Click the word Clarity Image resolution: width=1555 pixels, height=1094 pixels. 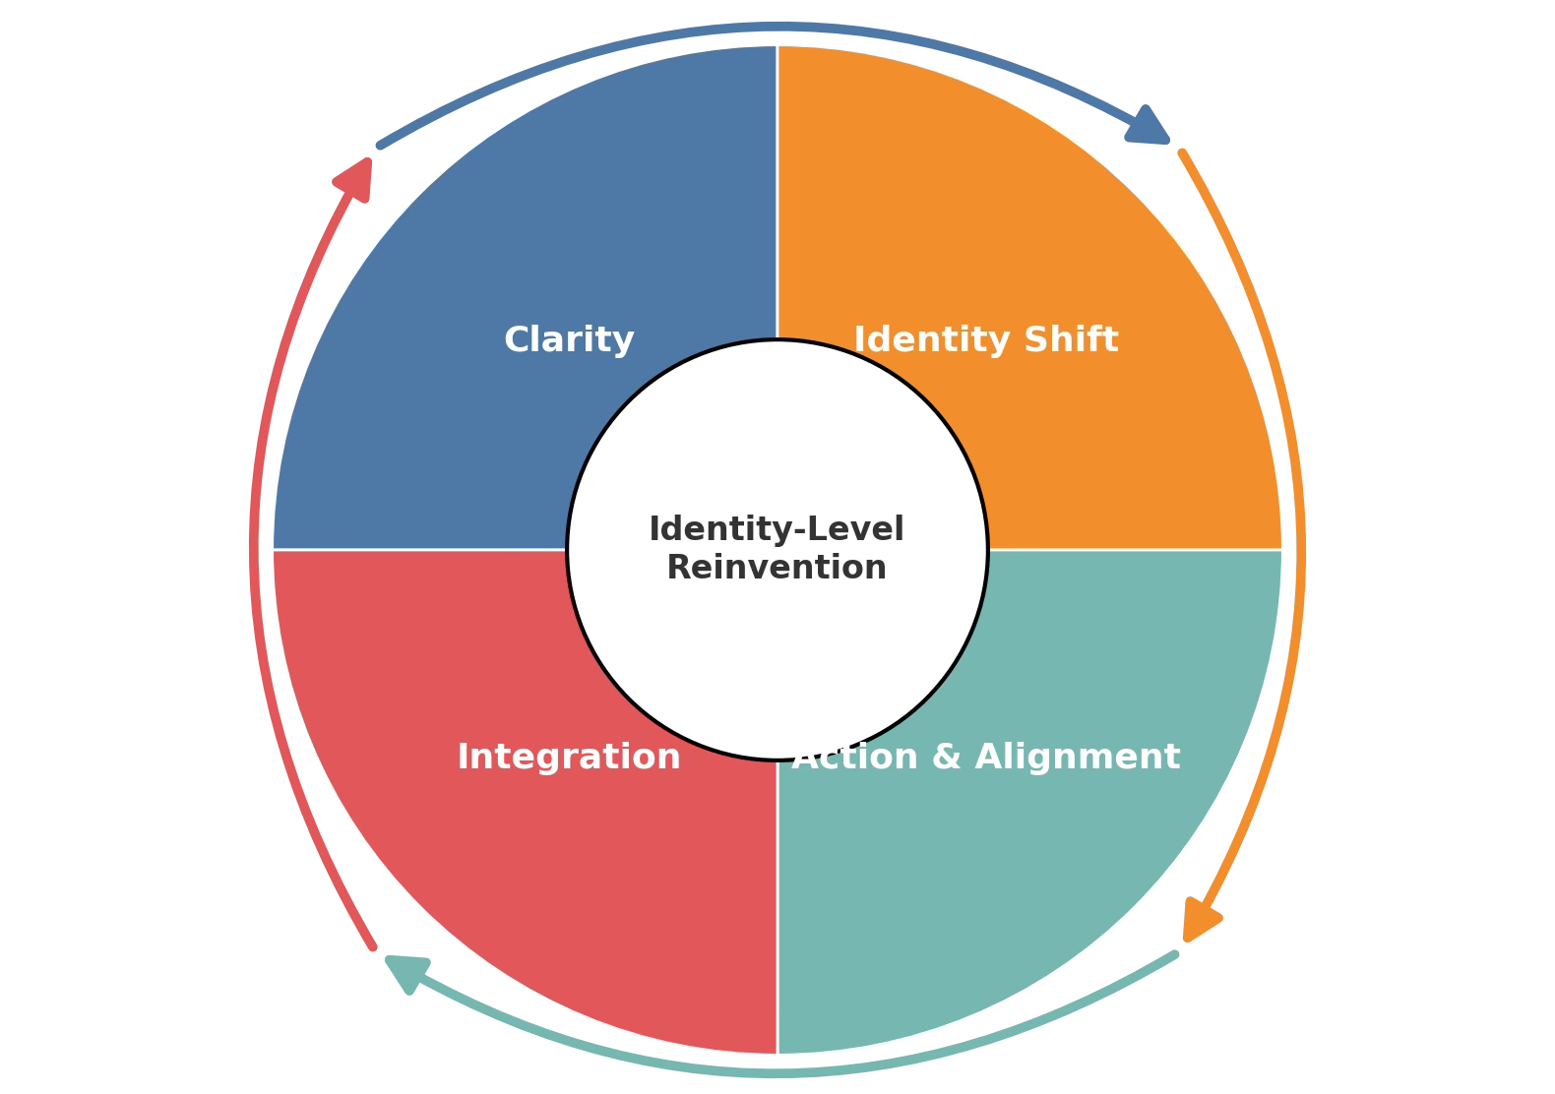[x=569, y=340]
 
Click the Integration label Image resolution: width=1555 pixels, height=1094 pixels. [x=569, y=758]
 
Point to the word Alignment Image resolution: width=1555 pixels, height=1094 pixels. [x=1077, y=758]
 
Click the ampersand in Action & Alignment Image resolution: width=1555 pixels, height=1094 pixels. [x=945, y=758]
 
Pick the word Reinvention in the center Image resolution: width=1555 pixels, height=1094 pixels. [x=777, y=568]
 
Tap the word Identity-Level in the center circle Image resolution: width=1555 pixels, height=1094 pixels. [x=777, y=529]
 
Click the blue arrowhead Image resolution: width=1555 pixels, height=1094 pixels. [x=1148, y=127]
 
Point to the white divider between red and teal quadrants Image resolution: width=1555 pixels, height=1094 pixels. [x=777, y=905]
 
